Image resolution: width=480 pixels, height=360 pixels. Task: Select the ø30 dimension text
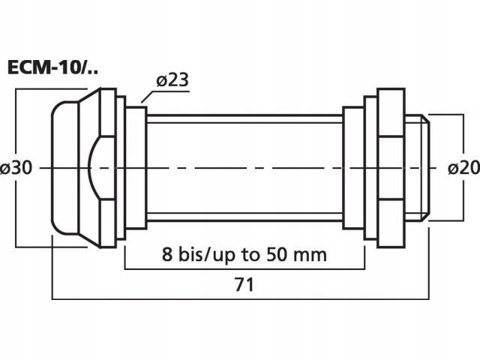coord(16,168)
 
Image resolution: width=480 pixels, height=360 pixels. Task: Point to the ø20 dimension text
coord(463,168)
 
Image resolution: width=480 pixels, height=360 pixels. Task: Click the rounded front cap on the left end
coord(64,168)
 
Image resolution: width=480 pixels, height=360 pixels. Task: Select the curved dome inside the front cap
coord(96,168)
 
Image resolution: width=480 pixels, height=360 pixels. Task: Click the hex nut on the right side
coord(387,168)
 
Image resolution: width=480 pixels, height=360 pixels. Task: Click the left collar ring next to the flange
coord(135,168)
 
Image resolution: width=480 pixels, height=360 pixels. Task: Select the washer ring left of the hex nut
coord(352,168)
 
